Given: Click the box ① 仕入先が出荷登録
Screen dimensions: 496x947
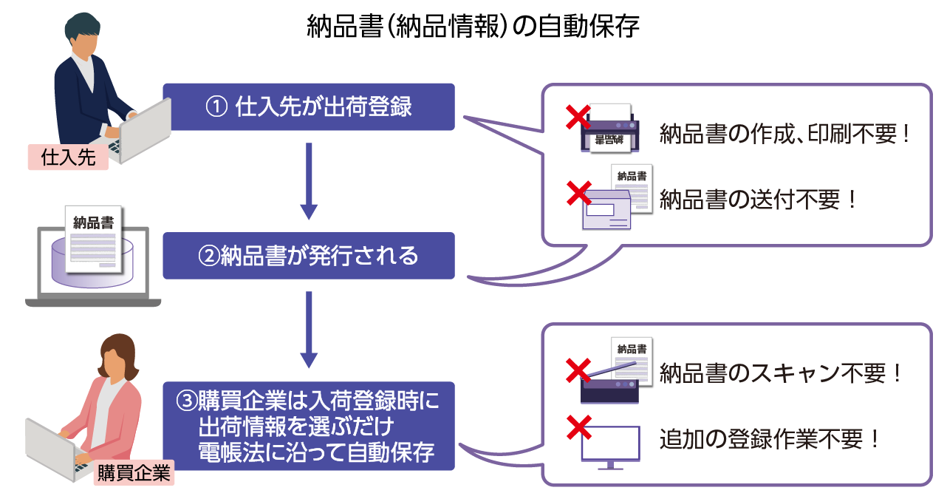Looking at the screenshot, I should (309, 107).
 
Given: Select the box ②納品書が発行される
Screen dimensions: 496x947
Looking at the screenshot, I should (309, 256).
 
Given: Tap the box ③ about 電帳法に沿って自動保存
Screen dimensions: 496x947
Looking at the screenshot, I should (309, 427).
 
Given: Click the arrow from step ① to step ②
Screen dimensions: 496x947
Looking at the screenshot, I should (310, 181).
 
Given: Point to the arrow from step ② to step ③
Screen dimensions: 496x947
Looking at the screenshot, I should (310, 330).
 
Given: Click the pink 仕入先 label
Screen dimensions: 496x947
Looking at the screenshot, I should (69, 157).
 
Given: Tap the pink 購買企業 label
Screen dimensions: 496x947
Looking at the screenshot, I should (134, 472).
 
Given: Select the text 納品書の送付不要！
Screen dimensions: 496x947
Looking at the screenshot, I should (759, 200).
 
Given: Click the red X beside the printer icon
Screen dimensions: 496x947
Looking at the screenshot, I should (578, 118).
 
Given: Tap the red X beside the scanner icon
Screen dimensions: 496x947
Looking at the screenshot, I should (578, 370).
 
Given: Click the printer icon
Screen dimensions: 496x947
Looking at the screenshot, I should (610, 131).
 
